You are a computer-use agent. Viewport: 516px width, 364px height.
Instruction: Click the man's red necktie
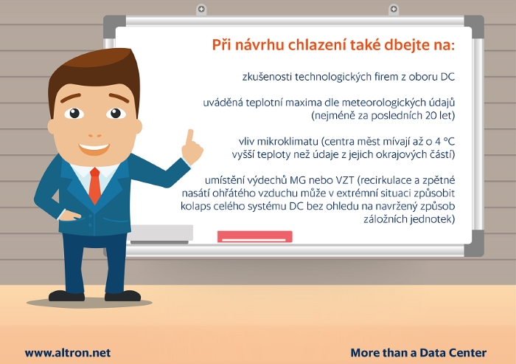(x=95, y=185)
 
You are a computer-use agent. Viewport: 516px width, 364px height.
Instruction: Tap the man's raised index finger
(x=189, y=138)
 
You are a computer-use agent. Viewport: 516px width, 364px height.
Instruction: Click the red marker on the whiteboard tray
(x=255, y=236)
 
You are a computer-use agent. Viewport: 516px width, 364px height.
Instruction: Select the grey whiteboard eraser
(x=160, y=234)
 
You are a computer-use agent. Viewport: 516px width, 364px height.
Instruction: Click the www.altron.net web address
(x=68, y=353)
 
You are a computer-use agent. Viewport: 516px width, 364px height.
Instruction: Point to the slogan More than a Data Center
(x=418, y=353)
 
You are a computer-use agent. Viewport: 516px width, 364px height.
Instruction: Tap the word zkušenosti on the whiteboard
(x=267, y=77)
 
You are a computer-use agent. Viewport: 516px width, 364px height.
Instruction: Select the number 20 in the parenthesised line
(x=431, y=115)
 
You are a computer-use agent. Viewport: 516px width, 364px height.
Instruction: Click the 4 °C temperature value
(x=444, y=142)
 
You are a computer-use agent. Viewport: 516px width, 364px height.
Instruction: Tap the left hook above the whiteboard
(x=201, y=10)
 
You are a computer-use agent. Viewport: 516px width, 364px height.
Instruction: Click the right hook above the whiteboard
(x=393, y=10)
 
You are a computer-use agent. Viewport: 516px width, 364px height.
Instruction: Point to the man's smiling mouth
(x=94, y=148)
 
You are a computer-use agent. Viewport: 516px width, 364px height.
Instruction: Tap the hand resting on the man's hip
(x=69, y=216)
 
